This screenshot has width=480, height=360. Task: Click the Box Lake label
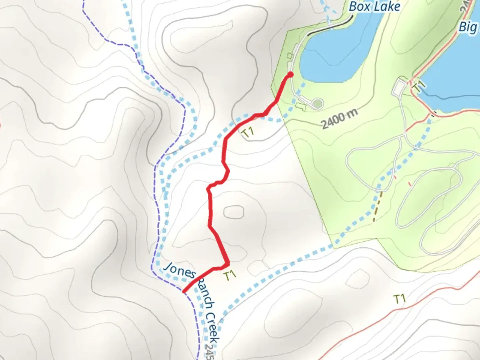374,7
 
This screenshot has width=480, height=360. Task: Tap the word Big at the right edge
468,27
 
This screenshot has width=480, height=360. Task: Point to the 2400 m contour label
339,118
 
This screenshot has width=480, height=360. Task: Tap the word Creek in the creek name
212,328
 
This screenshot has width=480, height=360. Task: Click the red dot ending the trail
290,74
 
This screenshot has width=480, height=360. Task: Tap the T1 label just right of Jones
230,275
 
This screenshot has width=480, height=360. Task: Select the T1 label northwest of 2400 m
248,132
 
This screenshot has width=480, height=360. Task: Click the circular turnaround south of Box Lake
318,103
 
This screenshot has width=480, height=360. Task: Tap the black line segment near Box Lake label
330,26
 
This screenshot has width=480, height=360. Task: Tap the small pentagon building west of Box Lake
290,55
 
